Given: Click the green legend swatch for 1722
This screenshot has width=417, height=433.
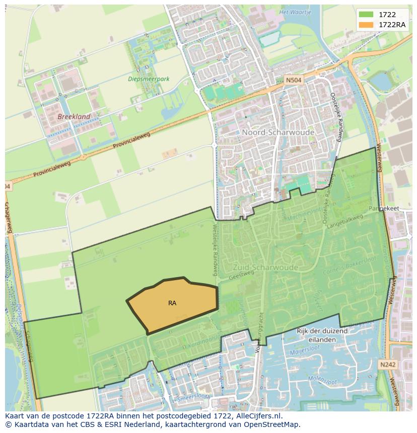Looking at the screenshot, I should (x=366, y=15).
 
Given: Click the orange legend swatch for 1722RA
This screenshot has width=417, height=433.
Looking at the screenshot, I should (x=366, y=25).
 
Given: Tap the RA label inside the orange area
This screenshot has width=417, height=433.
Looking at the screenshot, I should (x=172, y=303).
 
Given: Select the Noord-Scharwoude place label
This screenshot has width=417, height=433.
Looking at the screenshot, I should (x=278, y=132).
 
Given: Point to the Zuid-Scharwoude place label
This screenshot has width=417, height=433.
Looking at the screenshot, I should (x=265, y=267).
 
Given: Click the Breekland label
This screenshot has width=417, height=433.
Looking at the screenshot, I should (x=74, y=117).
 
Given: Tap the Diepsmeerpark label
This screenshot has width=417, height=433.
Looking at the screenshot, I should (x=149, y=79).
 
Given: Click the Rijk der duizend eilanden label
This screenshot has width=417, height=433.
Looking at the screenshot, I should (x=322, y=335).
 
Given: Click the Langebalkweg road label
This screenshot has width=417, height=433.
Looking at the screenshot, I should (x=345, y=225).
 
